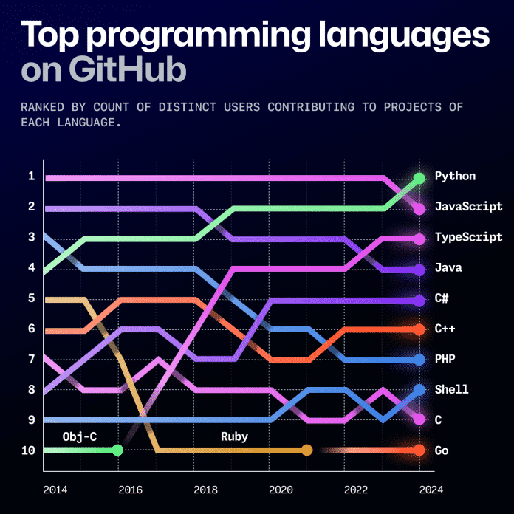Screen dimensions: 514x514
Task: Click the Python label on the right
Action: coord(455,177)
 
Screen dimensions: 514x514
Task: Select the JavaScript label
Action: coord(468,207)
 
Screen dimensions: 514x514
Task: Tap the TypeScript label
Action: coord(468,237)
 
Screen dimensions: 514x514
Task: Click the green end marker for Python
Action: coord(419,178)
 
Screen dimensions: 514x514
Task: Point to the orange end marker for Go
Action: coord(419,450)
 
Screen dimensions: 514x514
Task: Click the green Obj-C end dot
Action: coord(117,450)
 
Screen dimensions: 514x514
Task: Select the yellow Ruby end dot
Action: coord(307,450)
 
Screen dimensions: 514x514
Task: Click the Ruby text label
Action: coord(234,436)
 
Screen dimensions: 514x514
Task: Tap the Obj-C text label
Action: coord(80,436)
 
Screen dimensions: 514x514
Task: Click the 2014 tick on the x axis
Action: coord(54,490)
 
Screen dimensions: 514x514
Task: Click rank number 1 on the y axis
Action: coord(31,176)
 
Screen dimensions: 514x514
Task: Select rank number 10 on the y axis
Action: coord(28,450)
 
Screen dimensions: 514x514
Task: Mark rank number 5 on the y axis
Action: coord(31,298)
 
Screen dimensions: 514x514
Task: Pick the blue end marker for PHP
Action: coord(419,360)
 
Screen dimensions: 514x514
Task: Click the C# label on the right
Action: coord(442,298)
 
